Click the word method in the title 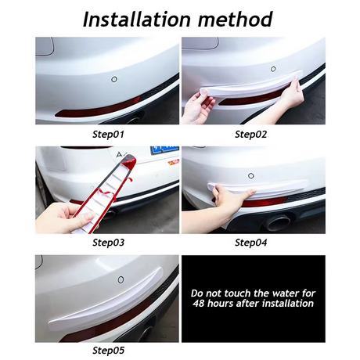pyautogui.click(x=235, y=18)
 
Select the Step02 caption pyautogui.click(x=250, y=134)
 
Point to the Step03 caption pyautogui.click(x=108, y=242)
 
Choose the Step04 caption pyautogui.click(x=250, y=242)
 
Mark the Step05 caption pyautogui.click(x=108, y=351)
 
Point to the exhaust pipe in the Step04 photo pyautogui.click(x=278, y=222)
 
